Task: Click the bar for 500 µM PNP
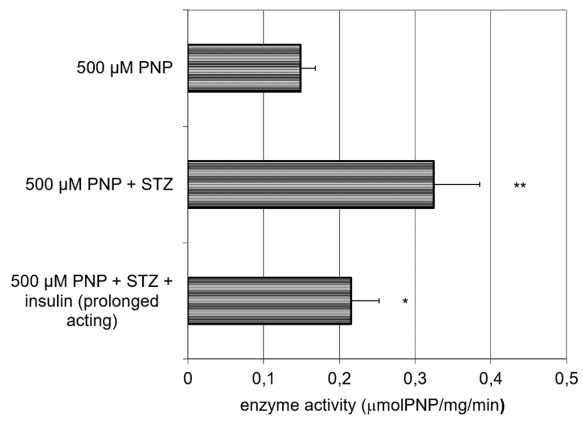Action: coord(244,68)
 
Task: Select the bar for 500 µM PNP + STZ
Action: coord(311,185)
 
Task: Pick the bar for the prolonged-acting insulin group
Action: coord(269,301)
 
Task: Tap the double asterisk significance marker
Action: coord(520,186)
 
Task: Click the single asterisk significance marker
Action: coord(405,302)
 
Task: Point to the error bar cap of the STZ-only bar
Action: coord(480,185)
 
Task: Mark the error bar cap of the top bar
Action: coord(315,68)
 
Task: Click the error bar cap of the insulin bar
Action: coord(380,301)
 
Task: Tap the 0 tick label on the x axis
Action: coord(188,378)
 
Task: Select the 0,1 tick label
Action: coord(264,378)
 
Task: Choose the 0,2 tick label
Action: coord(339,378)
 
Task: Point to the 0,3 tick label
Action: coord(415,378)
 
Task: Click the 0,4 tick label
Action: coord(490,378)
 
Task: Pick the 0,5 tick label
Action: coord(566,378)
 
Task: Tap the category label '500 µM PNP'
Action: coord(125,68)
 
